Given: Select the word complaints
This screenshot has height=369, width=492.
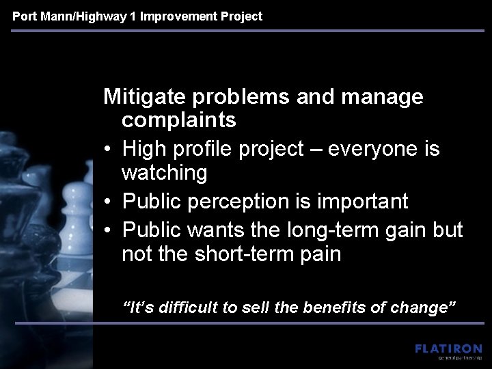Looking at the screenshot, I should pos(179,121).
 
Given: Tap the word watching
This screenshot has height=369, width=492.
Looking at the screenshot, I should pos(164,174).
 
